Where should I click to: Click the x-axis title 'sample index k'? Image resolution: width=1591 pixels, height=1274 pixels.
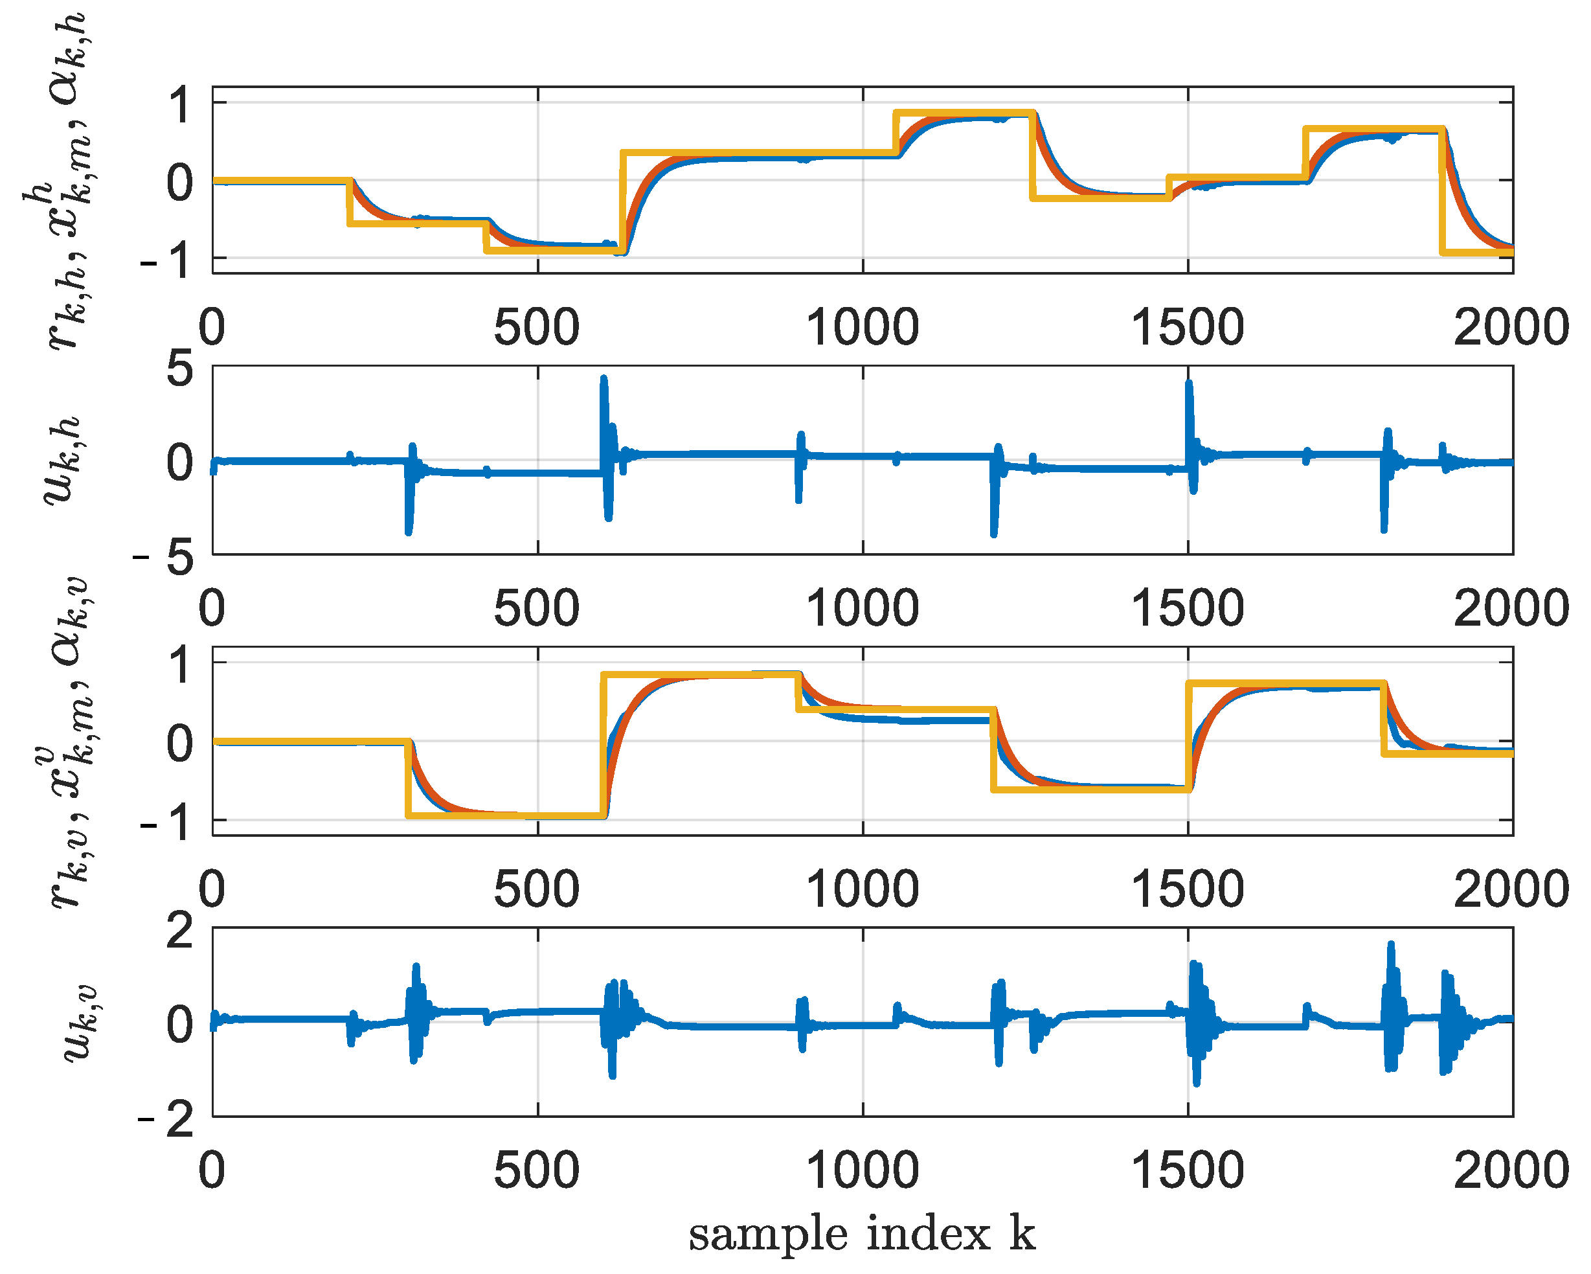(861, 1233)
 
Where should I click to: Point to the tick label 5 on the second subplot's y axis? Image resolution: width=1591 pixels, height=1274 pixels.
(180, 368)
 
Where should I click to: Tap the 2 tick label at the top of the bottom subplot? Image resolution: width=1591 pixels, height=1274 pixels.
(180, 931)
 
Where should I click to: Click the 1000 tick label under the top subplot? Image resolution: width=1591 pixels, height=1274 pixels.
(861, 327)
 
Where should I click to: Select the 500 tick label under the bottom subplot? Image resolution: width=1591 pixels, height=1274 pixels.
(536, 1170)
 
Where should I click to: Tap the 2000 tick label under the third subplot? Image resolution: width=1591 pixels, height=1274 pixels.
(1511, 889)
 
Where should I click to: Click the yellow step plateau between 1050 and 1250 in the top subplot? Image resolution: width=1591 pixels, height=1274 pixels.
(963, 113)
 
